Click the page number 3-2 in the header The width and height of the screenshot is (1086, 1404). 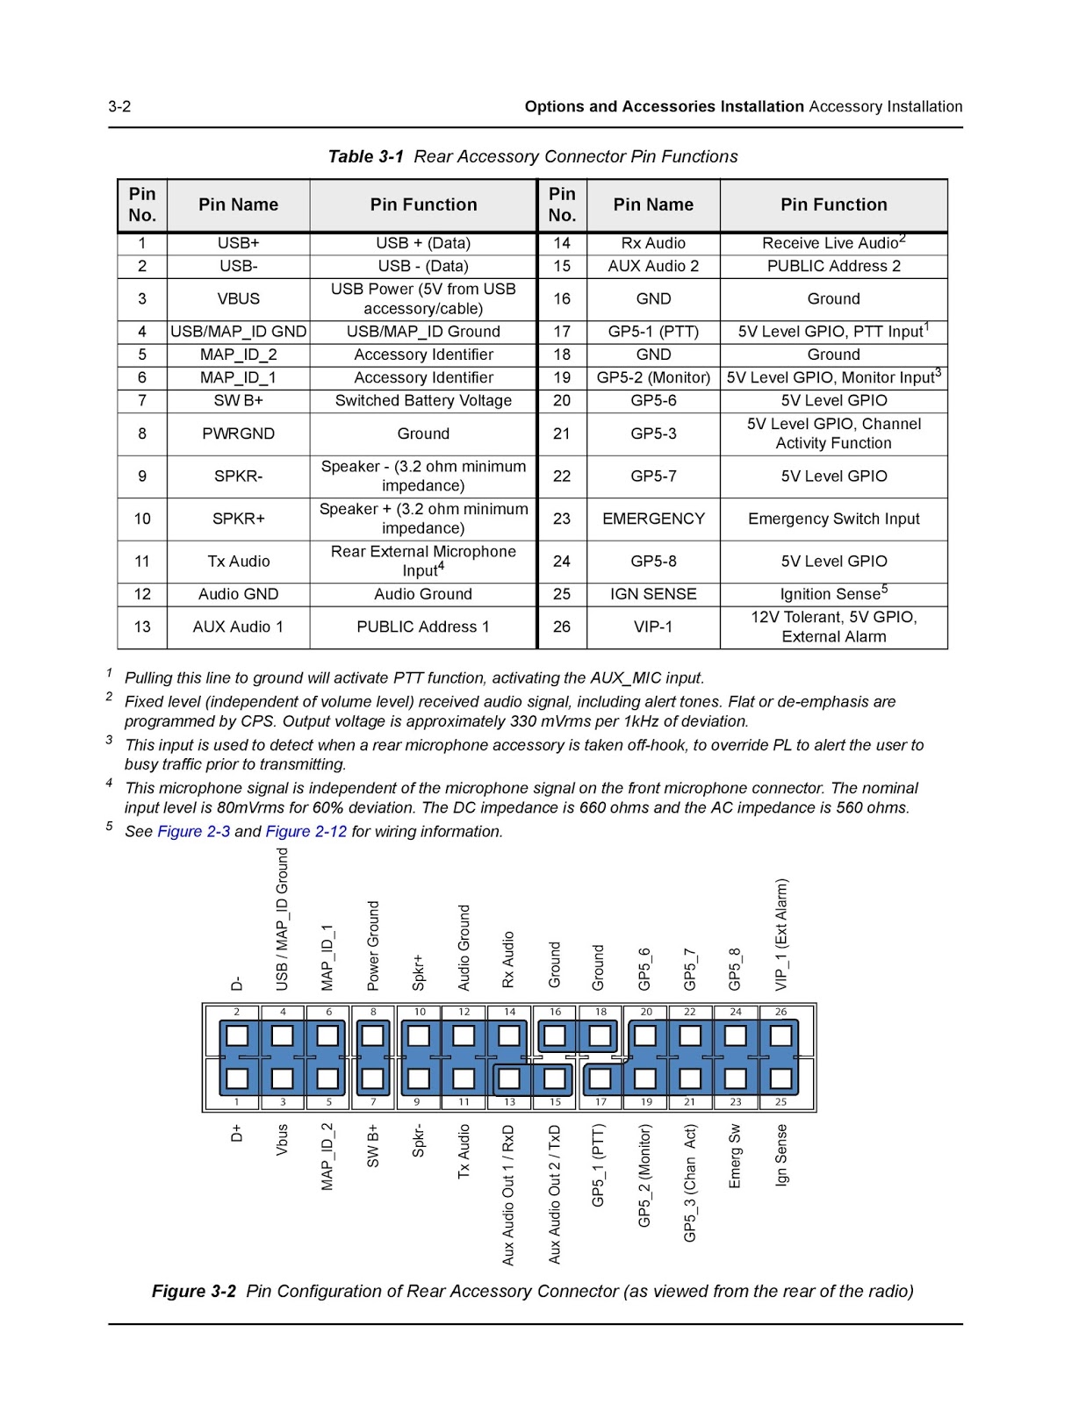point(119,107)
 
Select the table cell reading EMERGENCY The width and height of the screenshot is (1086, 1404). point(653,519)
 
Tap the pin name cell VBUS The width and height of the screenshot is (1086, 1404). point(238,299)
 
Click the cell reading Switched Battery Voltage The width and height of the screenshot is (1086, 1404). point(423,401)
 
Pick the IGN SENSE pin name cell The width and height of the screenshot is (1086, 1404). point(653,594)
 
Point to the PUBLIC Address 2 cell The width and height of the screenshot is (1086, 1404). point(833,266)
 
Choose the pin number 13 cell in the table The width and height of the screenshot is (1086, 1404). point(142,627)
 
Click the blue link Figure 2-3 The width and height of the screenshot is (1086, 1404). point(193,831)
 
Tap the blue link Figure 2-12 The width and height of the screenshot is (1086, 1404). point(306,831)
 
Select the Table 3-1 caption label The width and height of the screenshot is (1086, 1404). point(365,157)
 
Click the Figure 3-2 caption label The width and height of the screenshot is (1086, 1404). point(194,1291)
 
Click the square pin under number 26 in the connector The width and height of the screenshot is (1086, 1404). point(780,1036)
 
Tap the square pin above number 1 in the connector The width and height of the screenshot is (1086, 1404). point(237,1078)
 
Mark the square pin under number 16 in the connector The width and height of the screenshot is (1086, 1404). point(555,1036)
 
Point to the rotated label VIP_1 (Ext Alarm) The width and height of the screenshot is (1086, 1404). point(780,935)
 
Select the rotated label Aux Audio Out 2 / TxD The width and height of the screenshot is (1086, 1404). point(555,1194)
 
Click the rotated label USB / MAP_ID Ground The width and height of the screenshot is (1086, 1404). point(282,920)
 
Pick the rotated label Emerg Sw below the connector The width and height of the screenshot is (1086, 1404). point(735,1157)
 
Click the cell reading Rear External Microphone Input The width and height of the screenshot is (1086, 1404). point(423,561)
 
